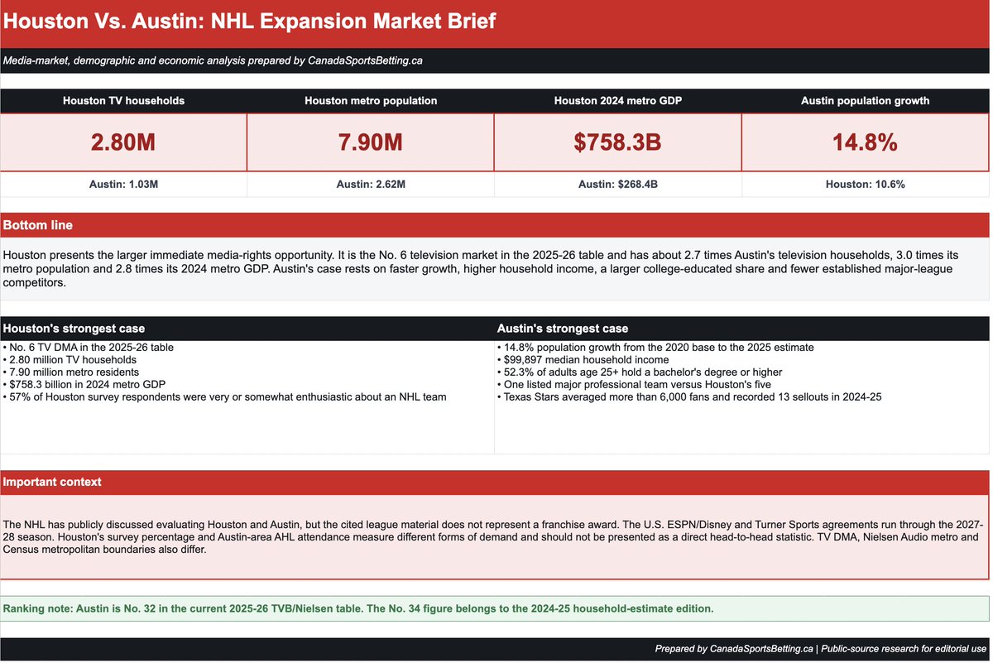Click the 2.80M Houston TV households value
[123, 142]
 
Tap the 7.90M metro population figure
[371, 142]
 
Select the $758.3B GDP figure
[617, 142]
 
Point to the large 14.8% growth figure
[865, 142]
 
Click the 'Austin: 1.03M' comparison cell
[123, 184]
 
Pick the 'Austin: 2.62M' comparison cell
[371, 184]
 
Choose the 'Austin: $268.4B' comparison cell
[618, 184]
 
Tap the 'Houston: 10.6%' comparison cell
[866, 184]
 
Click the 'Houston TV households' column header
[123, 101]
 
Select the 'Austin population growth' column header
[866, 101]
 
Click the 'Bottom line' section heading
[38, 225]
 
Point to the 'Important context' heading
[52, 482]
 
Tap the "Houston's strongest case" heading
[74, 328]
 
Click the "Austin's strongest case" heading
[563, 328]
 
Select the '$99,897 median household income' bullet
[583, 360]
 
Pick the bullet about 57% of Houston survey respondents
[224, 397]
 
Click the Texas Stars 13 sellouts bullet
[689, 397]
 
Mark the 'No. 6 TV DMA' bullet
[89, 348]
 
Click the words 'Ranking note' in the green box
[38, 608]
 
